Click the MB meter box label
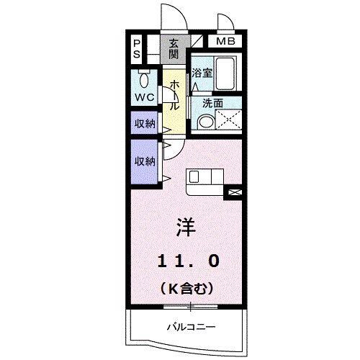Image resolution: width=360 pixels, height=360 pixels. point(225,42)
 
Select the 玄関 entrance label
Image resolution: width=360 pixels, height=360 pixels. point(174,48)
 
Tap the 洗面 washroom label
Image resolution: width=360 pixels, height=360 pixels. point(211,102)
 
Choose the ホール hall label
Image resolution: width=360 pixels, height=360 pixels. point(174,94)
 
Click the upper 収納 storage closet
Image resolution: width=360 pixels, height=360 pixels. point(145,124)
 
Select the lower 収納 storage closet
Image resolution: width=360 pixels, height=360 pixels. point(145,161)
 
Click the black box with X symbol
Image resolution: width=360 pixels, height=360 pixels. point(235,192)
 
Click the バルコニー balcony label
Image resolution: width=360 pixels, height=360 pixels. point(187,326)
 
